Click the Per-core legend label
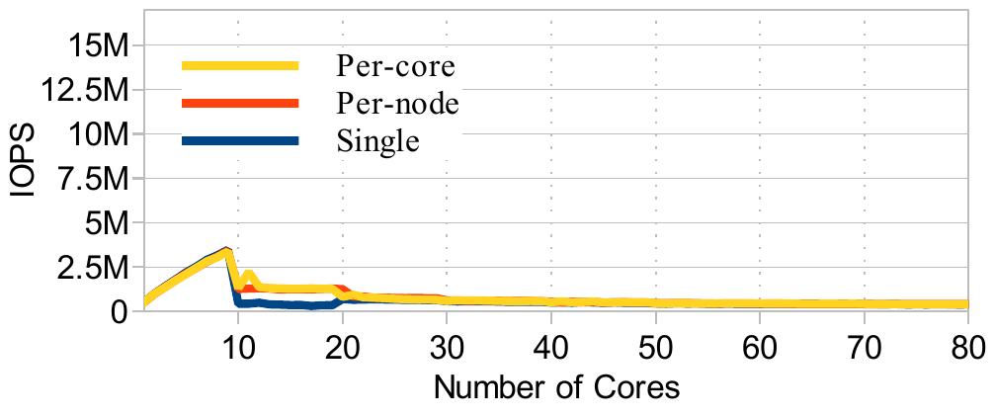[x=395, y=66]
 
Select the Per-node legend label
[x=398, y=104]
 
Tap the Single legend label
[x=378, y=141]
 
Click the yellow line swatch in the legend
[x=240, y=66]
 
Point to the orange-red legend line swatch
[x=240, y=104]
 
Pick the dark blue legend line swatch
[x=240, y=141]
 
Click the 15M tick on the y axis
[x=94, y=44]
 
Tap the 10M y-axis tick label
[x=94, y=133]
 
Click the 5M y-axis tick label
[x=103, y=222]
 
